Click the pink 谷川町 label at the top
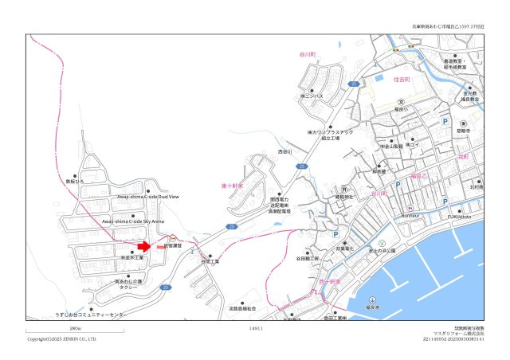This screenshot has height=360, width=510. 308,54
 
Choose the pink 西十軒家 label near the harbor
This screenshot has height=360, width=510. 330,281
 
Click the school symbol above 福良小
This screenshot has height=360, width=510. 402,101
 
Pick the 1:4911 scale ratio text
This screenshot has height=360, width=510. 256,328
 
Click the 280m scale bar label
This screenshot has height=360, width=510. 76,328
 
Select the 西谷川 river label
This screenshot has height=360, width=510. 285,151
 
